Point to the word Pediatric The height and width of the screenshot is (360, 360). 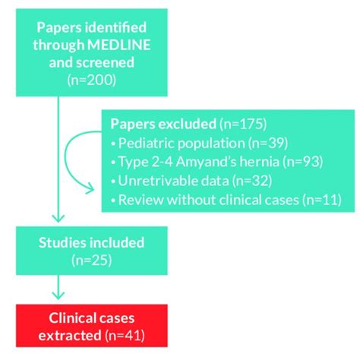click(147, 142)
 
